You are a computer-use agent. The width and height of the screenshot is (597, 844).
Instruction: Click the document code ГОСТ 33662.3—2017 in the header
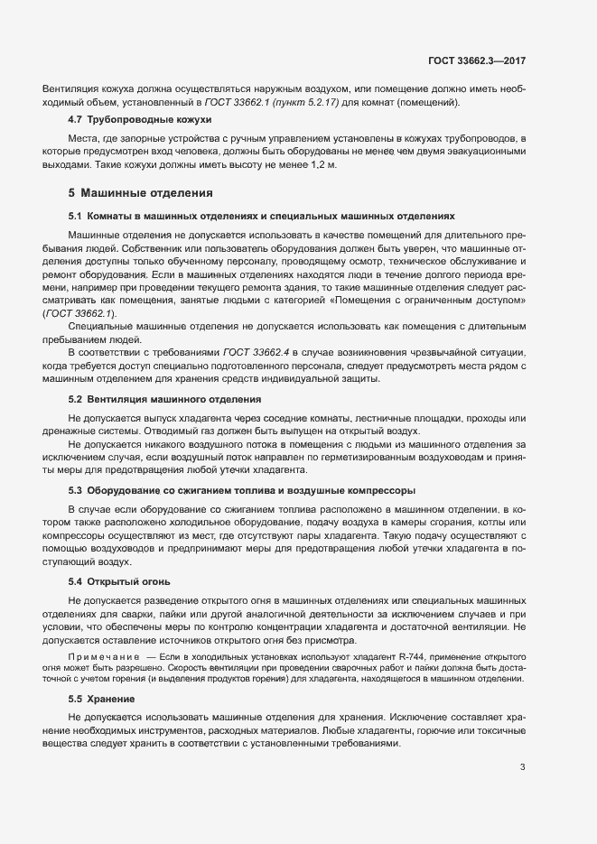(x=477, y=60)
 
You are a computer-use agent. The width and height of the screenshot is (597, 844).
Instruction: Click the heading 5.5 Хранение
(x=101, y=699)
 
